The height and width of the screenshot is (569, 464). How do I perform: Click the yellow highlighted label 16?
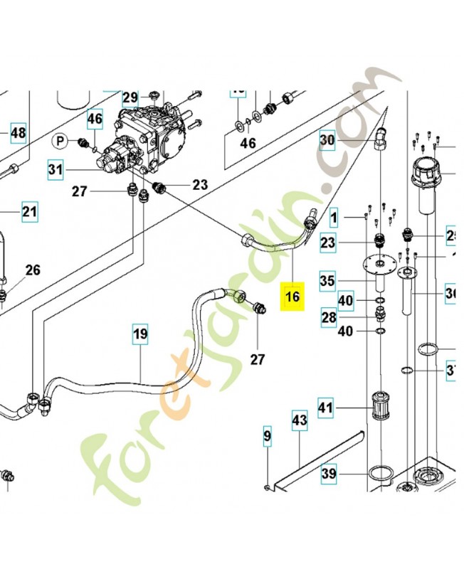[292, 296]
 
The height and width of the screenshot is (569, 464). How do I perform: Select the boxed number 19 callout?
[140, 333]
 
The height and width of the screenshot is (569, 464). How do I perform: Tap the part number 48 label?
[18, 132]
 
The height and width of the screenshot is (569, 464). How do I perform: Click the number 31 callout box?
[56, 169]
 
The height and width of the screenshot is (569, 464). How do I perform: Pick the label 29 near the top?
[130, 97]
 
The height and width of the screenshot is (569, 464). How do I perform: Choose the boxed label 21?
[28, 211]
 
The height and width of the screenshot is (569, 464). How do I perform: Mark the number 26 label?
[33, 270]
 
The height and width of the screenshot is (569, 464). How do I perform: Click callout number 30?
[327, 140]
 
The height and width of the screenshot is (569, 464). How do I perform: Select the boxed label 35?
[327, 281]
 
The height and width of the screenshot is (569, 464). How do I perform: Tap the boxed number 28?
[328, 317]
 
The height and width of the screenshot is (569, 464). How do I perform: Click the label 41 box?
[325, 408]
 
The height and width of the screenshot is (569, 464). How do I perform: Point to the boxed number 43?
[299, 420]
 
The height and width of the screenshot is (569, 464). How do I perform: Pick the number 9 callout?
[268, 435]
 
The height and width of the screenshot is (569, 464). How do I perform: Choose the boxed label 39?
[328, 474]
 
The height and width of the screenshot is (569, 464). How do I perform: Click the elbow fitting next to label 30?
[381, 137]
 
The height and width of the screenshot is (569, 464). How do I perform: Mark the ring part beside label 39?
[381, 473]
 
